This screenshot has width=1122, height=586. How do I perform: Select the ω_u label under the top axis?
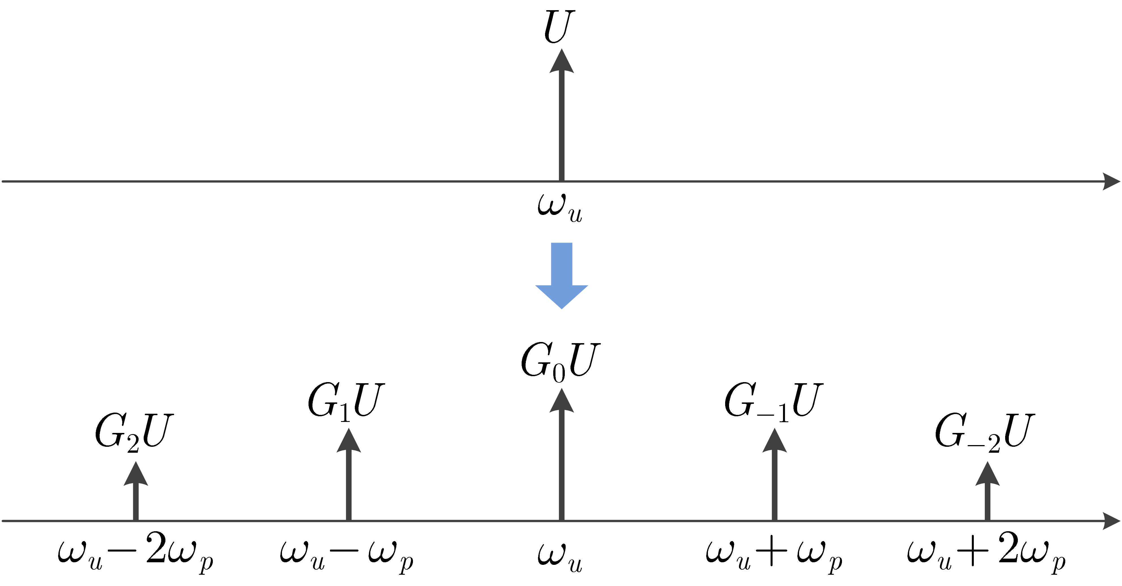(x=560, y=207)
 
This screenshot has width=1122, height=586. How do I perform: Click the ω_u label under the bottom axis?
(x=560, y=555)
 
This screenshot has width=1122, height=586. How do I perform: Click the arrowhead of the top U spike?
(x=561, y=62)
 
